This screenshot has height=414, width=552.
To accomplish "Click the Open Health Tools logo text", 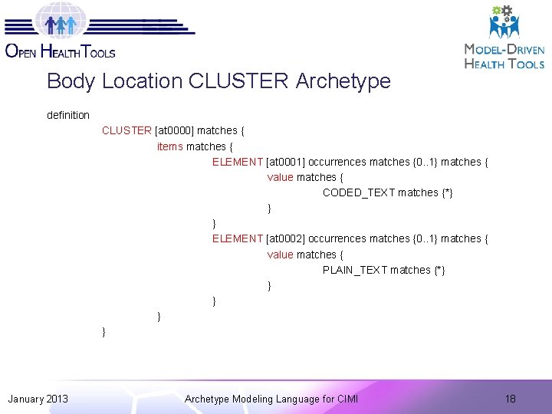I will pos(60,51).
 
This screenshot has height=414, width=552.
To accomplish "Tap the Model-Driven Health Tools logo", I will pos(504,38).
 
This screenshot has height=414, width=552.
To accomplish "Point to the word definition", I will pos(68,115).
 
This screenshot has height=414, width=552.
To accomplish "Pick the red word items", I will pos(170,146).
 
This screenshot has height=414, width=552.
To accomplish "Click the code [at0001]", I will pos(285,162).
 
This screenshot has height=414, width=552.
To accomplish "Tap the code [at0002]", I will pos(285,238).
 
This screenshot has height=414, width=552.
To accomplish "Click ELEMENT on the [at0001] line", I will pos(238,162).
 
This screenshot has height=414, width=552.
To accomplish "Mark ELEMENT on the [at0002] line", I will pos(238,238).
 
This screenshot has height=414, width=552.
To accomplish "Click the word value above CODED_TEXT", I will pos(280,177).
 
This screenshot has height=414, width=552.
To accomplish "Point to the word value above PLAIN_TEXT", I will pos(280,255).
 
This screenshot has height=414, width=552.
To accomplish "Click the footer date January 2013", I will pos(38,399).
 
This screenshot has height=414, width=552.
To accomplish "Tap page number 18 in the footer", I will pos(511,399).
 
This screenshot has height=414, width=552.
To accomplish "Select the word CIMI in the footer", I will pos(347,399).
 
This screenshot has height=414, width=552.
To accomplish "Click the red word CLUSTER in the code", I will pos(127,130).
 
